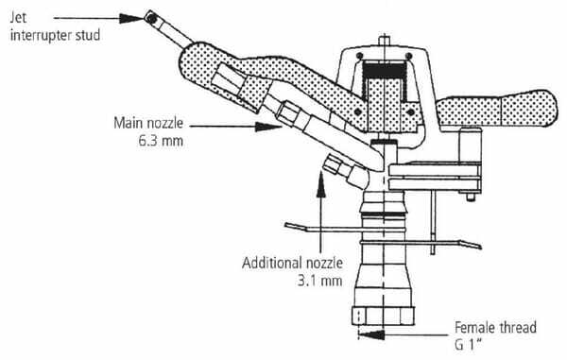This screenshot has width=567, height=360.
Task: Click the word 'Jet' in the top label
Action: point(18,17)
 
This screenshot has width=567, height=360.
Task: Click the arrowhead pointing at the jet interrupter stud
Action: point(132,18)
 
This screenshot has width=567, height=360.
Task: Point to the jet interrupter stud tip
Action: point(151,17)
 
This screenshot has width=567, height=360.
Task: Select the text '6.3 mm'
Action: point(161,141)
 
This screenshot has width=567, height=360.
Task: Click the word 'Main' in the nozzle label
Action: point(127,123)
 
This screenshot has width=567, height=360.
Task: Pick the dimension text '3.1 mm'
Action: point(320,281)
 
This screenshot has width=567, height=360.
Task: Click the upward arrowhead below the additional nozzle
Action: point(320,184)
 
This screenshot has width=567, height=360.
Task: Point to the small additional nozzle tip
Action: point(332,164)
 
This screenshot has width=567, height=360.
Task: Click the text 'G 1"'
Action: point(469,345)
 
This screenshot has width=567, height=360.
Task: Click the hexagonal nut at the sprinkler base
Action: point(383,316)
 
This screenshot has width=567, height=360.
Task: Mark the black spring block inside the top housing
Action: point(384,70)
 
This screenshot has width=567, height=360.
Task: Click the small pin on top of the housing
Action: point(385,40)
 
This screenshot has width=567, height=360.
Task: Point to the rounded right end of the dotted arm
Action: point(550,109)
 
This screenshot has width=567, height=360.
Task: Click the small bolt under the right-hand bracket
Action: point(470,197)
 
